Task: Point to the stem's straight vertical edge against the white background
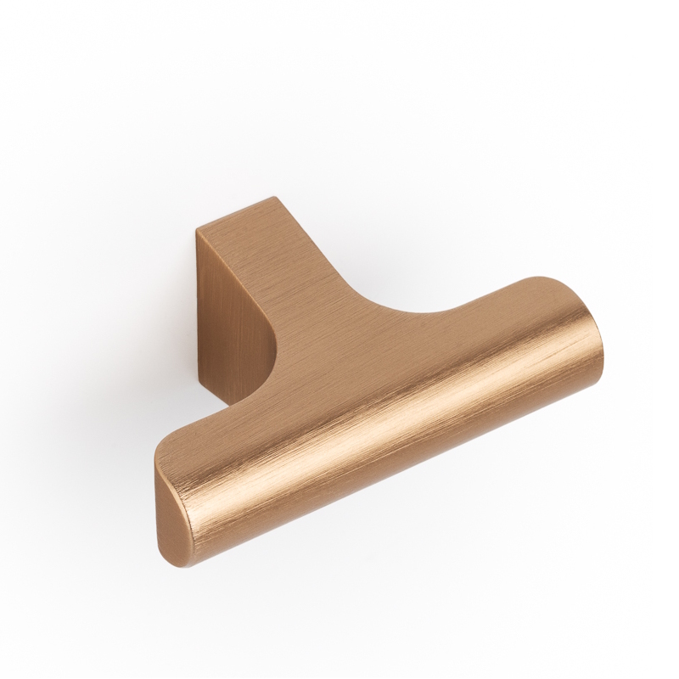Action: [198, 306]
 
